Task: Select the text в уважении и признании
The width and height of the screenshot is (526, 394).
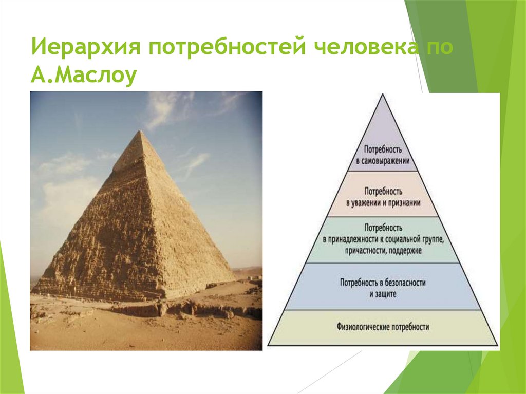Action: [x=383, y=202]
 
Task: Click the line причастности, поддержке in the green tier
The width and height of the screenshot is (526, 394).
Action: [x=383, y=251]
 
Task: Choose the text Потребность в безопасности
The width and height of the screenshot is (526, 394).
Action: [x=383, y=283]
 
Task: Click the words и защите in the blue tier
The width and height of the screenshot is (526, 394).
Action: [x=383, y=294]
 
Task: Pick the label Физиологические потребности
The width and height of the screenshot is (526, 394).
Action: [x=383, y=326]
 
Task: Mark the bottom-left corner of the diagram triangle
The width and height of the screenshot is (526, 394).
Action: [x=269, y=345]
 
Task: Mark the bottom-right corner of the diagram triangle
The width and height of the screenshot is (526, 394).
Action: [x=497, y=345]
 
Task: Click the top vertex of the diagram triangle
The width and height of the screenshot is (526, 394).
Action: [x=383, y=94]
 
